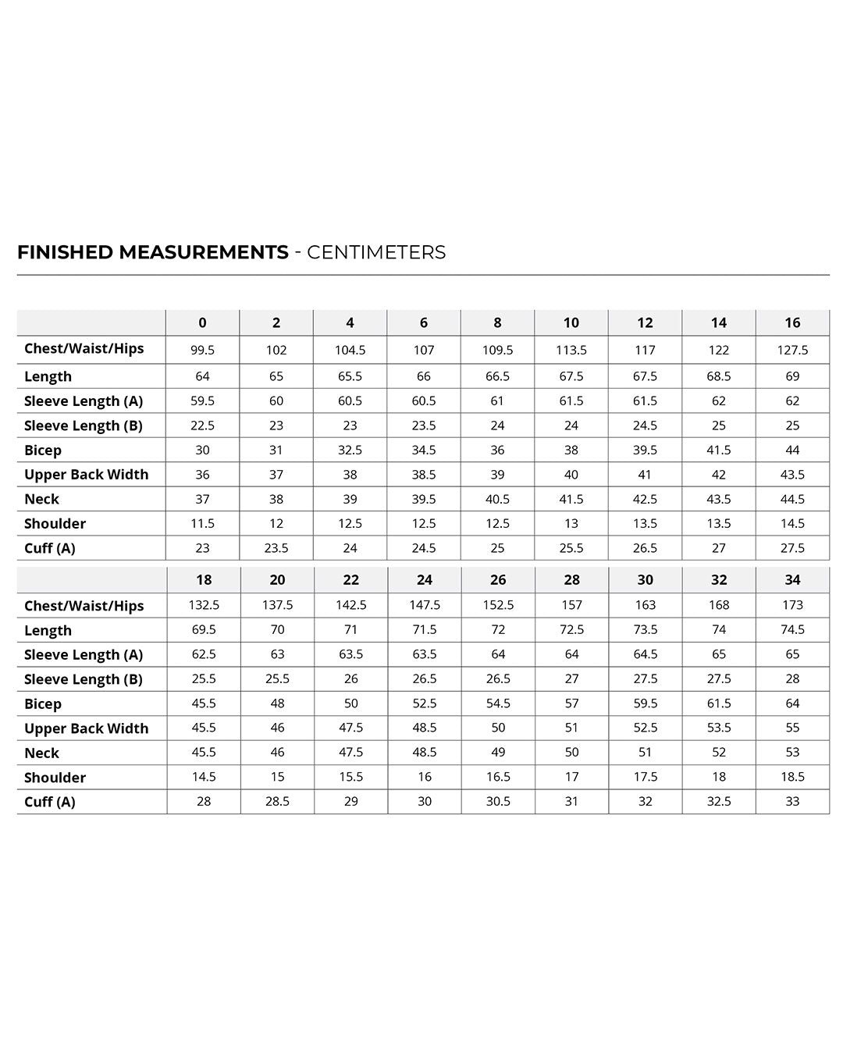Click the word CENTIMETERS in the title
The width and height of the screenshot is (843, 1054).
376,252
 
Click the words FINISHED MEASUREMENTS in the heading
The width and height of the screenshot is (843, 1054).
153,252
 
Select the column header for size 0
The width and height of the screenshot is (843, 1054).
202,322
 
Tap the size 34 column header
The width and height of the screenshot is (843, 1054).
792,579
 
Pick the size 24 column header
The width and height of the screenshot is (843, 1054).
425,579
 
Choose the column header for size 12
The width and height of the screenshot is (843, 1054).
645,322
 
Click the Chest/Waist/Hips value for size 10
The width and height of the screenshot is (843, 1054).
571,350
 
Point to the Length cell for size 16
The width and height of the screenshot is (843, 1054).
792,376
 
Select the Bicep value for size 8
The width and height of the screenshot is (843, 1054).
497,450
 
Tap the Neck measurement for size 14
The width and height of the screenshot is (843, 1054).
719,499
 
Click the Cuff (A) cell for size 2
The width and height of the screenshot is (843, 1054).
276,548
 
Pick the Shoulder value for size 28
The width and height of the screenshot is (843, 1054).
571,777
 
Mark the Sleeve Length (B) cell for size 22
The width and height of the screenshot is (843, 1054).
351,678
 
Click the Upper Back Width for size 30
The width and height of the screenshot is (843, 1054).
646,728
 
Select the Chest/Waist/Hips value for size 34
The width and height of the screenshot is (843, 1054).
792,605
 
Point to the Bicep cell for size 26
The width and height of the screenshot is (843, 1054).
498,703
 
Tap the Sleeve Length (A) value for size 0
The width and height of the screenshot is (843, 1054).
202,401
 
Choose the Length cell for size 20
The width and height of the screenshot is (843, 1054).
277,629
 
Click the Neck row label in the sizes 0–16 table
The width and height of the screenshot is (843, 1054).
41,499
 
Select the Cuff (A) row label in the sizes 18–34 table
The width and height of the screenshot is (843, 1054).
50,802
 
